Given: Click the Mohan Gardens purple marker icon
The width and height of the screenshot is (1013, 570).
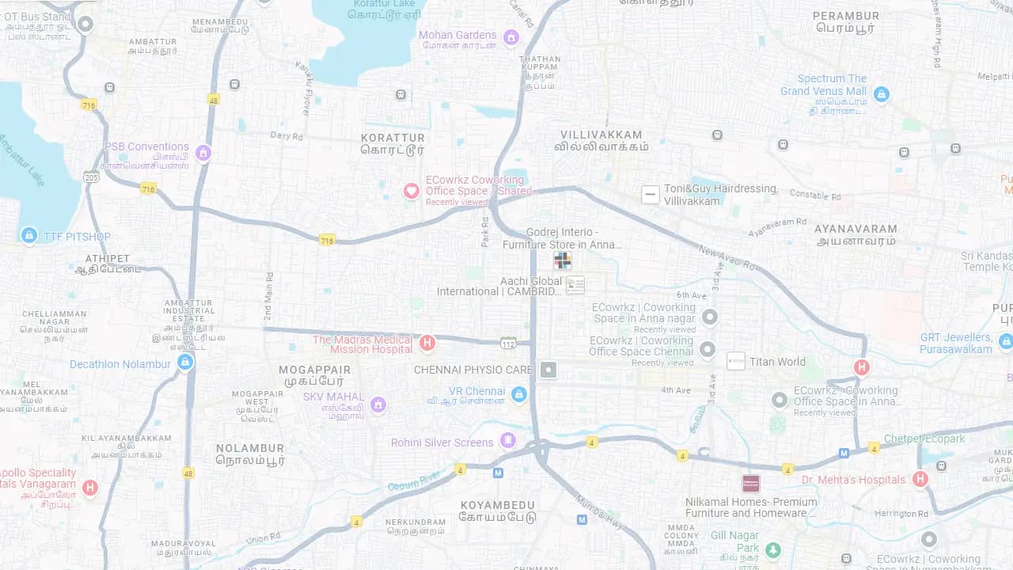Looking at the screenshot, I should (511, 36).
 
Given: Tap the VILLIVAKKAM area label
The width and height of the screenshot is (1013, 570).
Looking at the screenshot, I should (601, 135).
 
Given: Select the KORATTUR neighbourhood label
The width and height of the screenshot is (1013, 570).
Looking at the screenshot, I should (393, 138).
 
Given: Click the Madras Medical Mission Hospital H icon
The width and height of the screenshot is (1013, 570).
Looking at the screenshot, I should (427, 343).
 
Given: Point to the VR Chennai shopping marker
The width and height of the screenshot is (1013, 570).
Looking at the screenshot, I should (518, 393).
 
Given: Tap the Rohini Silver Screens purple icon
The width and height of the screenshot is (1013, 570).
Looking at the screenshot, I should (508, 440).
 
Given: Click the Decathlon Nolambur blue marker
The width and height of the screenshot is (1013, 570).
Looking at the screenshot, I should (185, 363).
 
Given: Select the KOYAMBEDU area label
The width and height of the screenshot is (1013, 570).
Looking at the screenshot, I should (498, 505).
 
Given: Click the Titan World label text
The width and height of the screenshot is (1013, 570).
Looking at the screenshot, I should (777, 362).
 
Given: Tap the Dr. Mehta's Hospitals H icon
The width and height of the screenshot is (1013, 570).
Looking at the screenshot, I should (920, 479).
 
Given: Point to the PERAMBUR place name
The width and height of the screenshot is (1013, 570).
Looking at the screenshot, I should (846, 16).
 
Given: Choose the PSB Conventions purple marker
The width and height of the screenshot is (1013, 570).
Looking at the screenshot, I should (203, 153).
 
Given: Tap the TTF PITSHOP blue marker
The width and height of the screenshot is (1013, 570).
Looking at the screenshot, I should (29, 235).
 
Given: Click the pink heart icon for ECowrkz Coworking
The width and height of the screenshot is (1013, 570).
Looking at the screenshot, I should (412, 191).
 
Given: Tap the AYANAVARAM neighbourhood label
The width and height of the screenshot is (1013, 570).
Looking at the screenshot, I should (856, 230).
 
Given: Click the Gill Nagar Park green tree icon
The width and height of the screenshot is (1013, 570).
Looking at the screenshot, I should (773, 549).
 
